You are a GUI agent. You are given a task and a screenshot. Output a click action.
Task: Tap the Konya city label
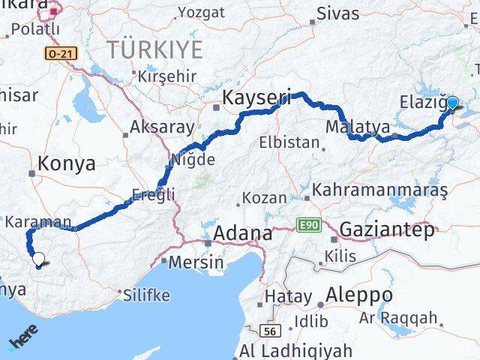(67, 163)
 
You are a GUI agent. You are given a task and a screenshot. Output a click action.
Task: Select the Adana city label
(242, 233)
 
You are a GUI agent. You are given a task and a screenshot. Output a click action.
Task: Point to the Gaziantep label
(386, 230)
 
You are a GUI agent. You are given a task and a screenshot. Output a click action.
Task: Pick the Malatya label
(358, 127)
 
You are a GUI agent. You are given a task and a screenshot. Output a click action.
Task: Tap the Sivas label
(337, 13)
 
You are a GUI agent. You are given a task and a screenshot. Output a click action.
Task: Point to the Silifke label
(145, 294)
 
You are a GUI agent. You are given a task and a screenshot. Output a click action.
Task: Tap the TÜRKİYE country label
(155, 50)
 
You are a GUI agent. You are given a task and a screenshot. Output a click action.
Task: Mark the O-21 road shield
(57, 54)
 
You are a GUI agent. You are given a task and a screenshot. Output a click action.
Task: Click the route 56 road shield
(270, 330)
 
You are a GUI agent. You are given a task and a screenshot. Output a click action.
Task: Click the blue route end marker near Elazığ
(452, 103)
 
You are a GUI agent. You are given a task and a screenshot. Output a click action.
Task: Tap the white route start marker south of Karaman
(37, 260)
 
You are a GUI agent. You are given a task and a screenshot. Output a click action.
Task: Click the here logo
(23, 340)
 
